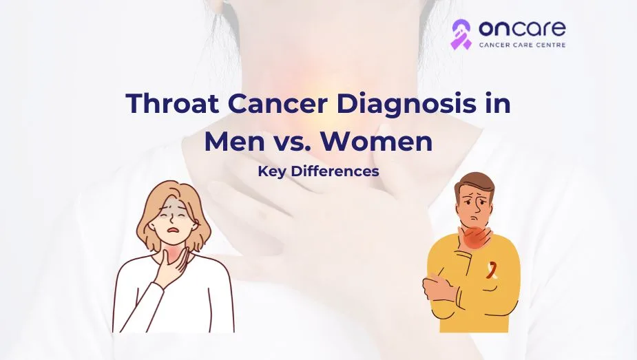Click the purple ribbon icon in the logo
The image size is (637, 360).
461,34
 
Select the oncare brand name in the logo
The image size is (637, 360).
522,28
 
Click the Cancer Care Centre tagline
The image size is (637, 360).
522,45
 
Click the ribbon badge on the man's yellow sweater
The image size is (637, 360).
491,271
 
